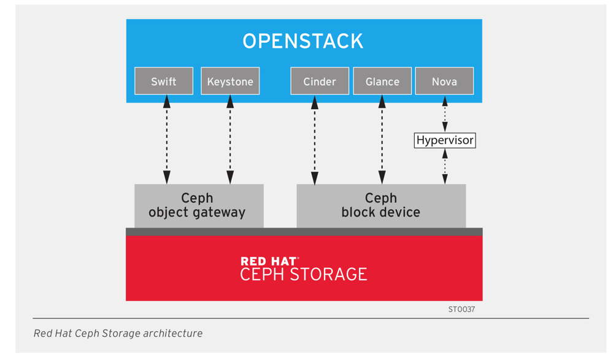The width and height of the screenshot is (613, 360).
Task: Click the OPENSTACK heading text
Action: click(303, 41)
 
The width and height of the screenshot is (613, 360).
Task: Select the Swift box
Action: click(164, 81)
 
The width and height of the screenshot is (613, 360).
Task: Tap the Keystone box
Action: click(230, 81)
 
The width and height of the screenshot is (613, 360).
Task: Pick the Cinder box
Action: click(319, 81)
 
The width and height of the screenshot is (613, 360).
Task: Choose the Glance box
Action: click(382, 81)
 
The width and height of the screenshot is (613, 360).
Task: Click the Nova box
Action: click(444, 81)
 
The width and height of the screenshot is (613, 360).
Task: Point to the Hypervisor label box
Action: click(445, 140)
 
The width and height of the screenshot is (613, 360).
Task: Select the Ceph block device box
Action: click(381, 205)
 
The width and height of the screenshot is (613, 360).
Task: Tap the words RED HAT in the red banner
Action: click(269, 261)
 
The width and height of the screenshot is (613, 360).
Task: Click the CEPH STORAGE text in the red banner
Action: click(304, 274)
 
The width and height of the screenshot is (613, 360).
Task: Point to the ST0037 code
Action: click(461, 310)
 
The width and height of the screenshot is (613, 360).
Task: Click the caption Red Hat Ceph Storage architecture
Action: click(118, 334)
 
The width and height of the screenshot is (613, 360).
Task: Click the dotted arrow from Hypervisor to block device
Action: click(445, 166)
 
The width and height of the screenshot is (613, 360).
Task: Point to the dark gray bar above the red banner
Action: click(304, 232)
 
